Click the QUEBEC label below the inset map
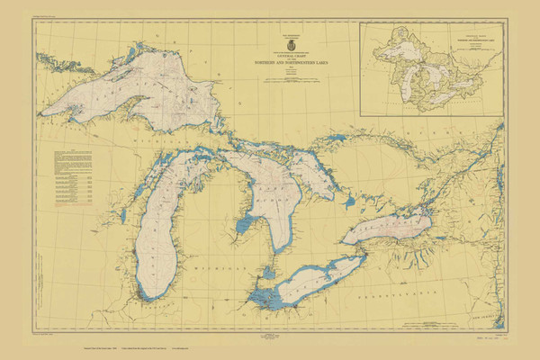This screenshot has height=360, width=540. click(x=450, y=135)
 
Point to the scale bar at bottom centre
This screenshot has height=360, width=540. click(x=269, y=337)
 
